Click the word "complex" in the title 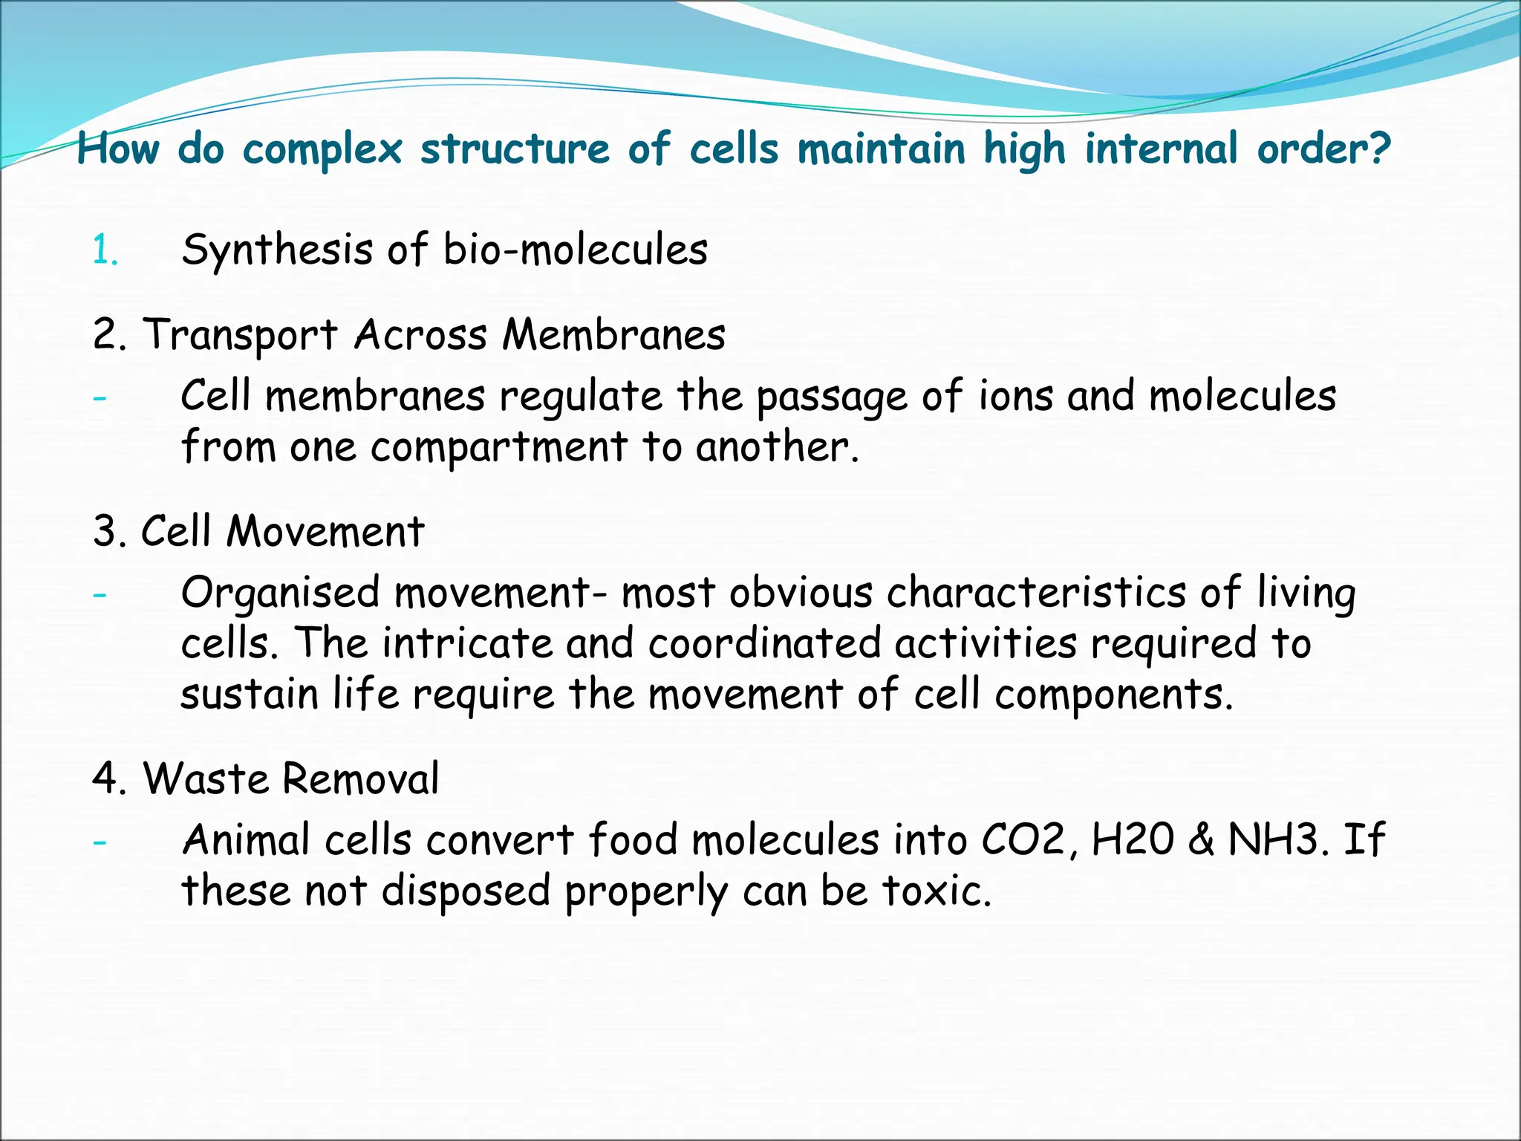tap(322, 150)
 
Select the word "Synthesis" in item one tap(277, 250)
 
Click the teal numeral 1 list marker tap(103, 251)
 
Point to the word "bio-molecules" tap(576, 250)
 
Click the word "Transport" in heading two tap(240, 336)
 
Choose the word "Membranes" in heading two tap(613, 334)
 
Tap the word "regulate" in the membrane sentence tap(580, 397)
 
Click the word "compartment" tap(499, 447)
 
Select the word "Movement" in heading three tap(325, 532)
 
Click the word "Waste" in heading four tap(205, 779)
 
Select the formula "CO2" tap(1026, 840)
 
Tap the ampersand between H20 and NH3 tap(1201, 840)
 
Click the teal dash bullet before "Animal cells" tap(100, 842)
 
